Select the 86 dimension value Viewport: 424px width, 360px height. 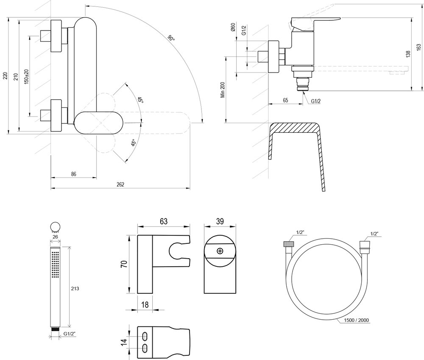point(73,173)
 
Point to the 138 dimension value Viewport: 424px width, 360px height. point(408,54)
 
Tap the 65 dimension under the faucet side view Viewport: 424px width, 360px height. point(285,101)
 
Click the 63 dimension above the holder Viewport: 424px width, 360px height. point(164,221)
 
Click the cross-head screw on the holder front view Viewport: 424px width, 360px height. point(220,251)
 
